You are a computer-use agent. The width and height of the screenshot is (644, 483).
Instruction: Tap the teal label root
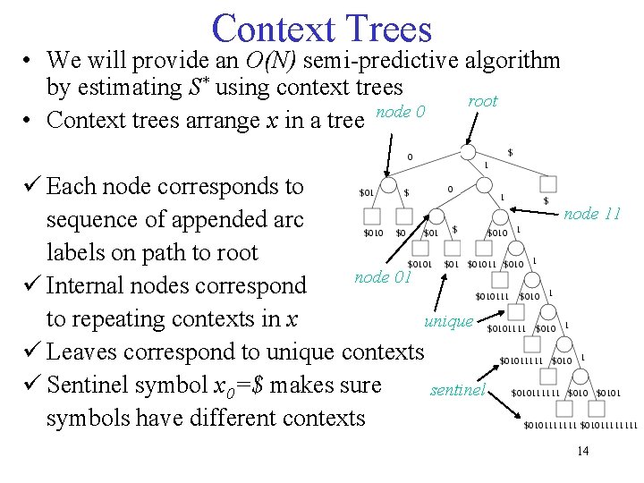click(x=482, y=101)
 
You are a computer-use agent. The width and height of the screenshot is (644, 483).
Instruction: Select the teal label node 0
click(x=400, y=111)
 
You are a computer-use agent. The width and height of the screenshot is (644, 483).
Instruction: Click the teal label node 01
click(x=382, y=276)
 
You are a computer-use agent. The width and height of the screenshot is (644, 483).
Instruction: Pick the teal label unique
click(x=448, y=321)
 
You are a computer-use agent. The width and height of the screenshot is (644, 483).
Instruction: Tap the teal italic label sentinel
click(x=457, y=390)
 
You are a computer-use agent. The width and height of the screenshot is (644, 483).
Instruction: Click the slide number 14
click(x=582, y=451)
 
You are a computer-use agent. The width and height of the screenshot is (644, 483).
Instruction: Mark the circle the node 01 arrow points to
click(x=435, y=216)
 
